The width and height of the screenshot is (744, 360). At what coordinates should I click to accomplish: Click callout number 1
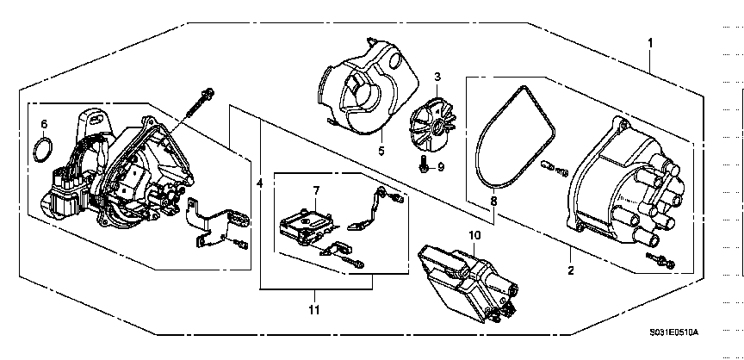650,43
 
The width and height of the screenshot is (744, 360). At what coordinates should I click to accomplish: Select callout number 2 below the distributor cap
570,270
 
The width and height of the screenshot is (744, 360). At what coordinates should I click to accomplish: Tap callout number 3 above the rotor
437,77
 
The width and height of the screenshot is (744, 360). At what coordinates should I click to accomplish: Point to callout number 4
259,183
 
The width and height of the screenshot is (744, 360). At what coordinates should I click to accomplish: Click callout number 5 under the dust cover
381,152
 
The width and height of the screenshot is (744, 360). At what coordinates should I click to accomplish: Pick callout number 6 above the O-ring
44,124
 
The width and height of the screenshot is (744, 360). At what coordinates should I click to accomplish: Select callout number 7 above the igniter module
317,190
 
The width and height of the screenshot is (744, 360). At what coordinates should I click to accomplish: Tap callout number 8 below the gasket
493,202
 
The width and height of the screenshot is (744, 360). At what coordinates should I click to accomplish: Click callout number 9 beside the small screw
441,167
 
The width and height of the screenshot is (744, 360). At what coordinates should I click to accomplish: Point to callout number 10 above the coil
475,235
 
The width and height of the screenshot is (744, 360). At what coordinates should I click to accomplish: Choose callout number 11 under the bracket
313,310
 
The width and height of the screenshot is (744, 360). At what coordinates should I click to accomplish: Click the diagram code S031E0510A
673,332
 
